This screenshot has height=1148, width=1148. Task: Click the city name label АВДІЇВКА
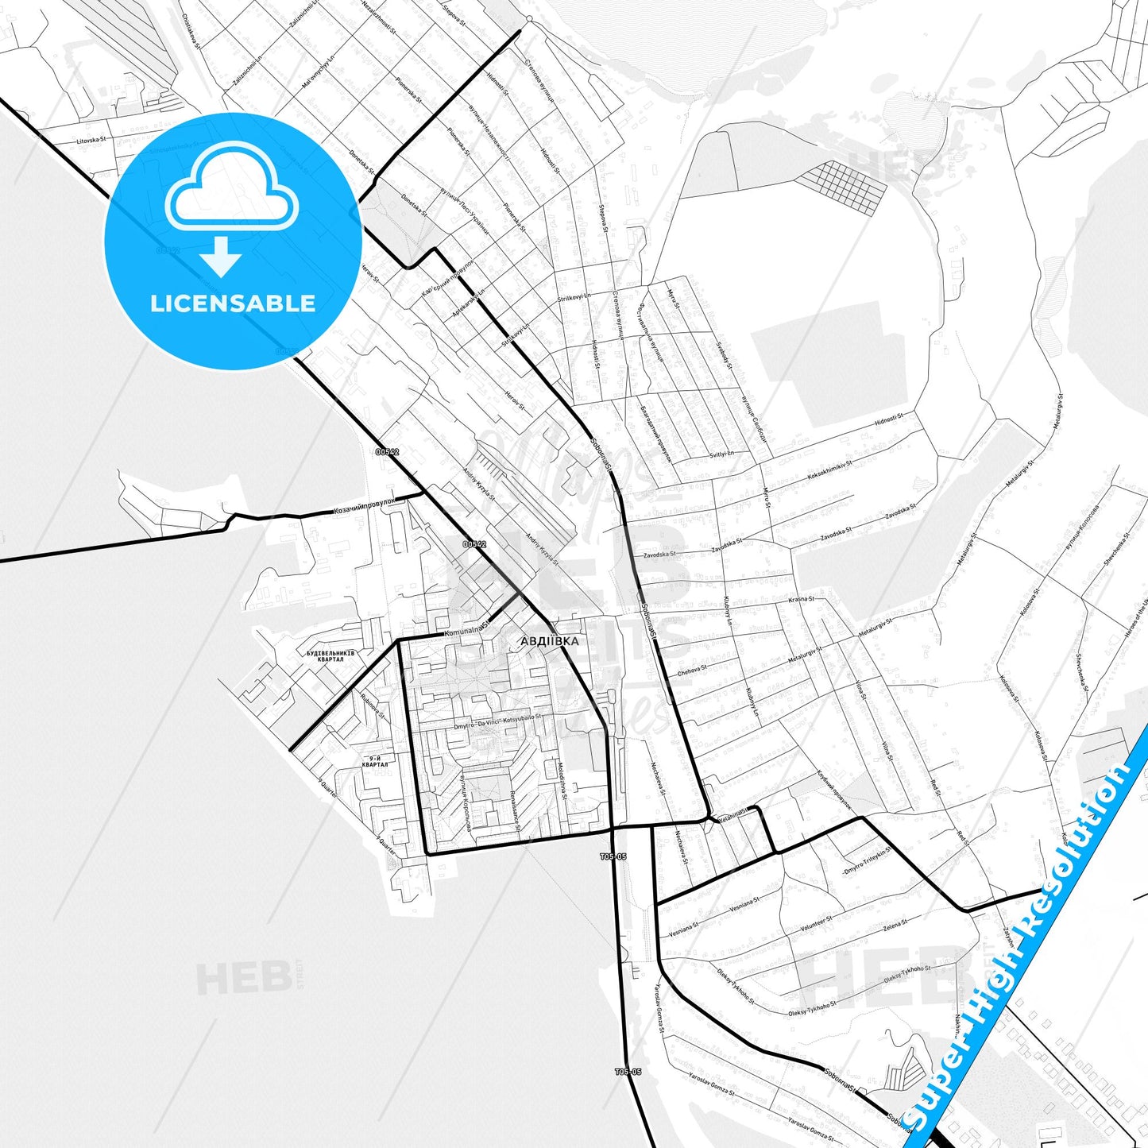coord(550,640)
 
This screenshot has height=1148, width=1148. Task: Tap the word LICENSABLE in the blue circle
coord(233,303)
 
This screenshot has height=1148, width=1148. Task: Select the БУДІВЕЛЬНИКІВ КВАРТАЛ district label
coord(330,656)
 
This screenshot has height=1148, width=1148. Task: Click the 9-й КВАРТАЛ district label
coord(375,761)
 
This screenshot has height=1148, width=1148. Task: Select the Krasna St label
coord(801,599)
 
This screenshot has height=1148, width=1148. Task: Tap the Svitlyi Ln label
coord(721,454)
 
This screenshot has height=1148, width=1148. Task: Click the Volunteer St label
coord(816,924)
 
